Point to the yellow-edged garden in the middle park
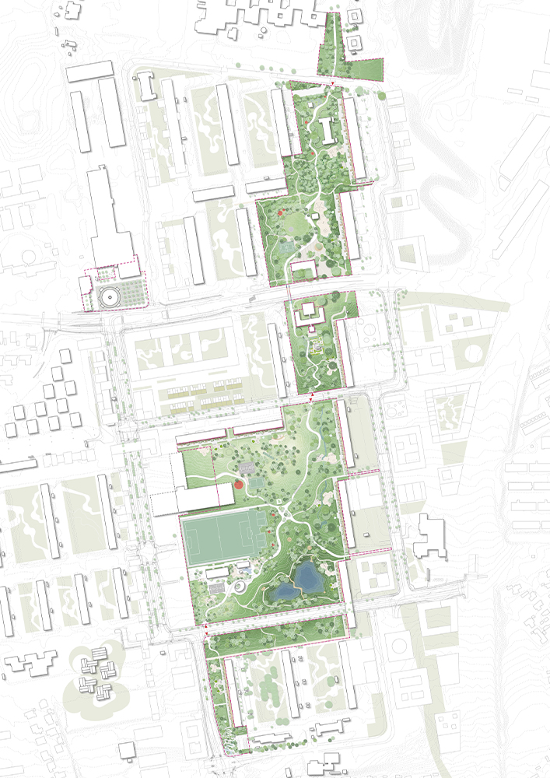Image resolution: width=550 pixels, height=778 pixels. click(317, 348)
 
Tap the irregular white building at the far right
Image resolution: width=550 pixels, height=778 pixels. click(430, 538)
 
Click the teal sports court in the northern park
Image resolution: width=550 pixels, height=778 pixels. click(287, 246)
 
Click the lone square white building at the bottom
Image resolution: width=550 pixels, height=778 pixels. click(127, 749)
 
